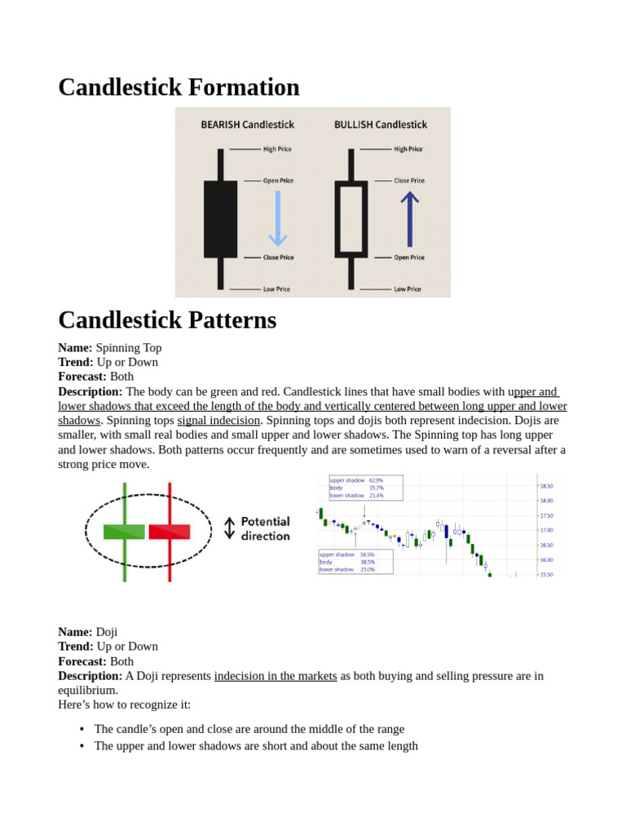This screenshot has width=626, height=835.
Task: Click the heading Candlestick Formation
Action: click(179, 87)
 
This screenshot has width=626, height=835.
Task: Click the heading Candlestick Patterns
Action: click(167, 320)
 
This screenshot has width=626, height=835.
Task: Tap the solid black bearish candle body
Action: click(220, 219)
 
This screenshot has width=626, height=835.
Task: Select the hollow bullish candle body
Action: click(351, 219)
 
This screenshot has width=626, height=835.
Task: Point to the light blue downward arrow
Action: click(278, 219)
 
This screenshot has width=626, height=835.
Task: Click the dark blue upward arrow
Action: click(409, 219)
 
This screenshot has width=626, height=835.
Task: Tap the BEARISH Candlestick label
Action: click(247, 125)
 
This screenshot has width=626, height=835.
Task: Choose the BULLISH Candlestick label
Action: click(380, 125)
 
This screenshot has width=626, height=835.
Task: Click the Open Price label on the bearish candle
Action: click(278, 180)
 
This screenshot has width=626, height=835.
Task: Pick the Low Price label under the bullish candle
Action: click(408, 289)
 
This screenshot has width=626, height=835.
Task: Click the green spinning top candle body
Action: click(124, 532)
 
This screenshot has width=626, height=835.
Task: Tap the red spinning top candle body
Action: click(170, 532)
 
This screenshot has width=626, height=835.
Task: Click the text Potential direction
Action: click(265, 528)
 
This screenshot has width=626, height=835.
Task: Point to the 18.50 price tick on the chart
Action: click(546, 486)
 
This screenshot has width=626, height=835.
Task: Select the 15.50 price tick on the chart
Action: click(546, 574)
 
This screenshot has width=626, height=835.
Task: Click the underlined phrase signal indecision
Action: click(218, 421)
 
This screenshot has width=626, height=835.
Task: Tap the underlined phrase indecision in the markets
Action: click(276, 676)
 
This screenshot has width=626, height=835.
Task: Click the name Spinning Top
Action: click(129, 347)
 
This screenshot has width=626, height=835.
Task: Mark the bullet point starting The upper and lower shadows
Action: click(256, 745)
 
